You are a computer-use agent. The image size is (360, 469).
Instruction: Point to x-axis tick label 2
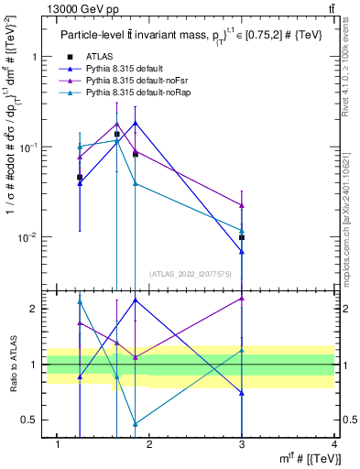150,444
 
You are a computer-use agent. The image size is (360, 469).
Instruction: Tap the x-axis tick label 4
334,444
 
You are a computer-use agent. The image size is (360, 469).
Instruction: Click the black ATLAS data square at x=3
242,237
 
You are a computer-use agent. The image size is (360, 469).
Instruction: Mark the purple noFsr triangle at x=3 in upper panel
242,205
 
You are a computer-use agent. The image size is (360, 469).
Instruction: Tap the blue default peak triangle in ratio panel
136,300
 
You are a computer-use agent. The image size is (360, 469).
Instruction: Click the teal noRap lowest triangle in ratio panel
136,424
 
